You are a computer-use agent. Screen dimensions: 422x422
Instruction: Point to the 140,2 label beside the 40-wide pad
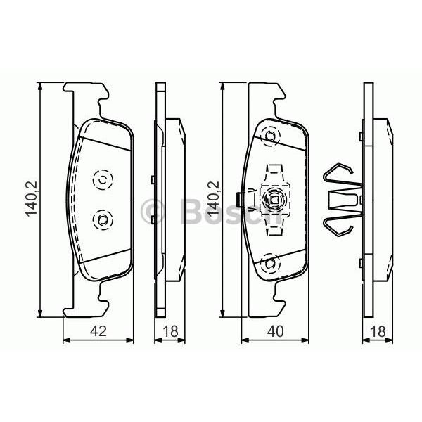212,198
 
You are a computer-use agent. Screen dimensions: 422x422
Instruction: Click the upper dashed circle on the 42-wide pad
102,181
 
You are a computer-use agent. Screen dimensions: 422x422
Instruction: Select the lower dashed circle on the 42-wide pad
102,221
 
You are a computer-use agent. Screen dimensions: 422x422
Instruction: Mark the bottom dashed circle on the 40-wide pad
269,264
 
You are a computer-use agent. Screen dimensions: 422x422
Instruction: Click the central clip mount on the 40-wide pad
272,200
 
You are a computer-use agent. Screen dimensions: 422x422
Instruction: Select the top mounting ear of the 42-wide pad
87,94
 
